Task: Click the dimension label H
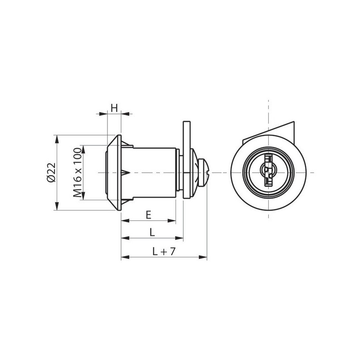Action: [x=114, y=108]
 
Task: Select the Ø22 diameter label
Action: [x=51, y=172]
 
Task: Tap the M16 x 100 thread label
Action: [x=77, y=173]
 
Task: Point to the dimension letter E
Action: [x=148, y=215]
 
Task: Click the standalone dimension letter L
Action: [x=152, y=232]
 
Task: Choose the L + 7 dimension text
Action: [x=164, y=252]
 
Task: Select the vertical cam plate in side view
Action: [x=186, y=159]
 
